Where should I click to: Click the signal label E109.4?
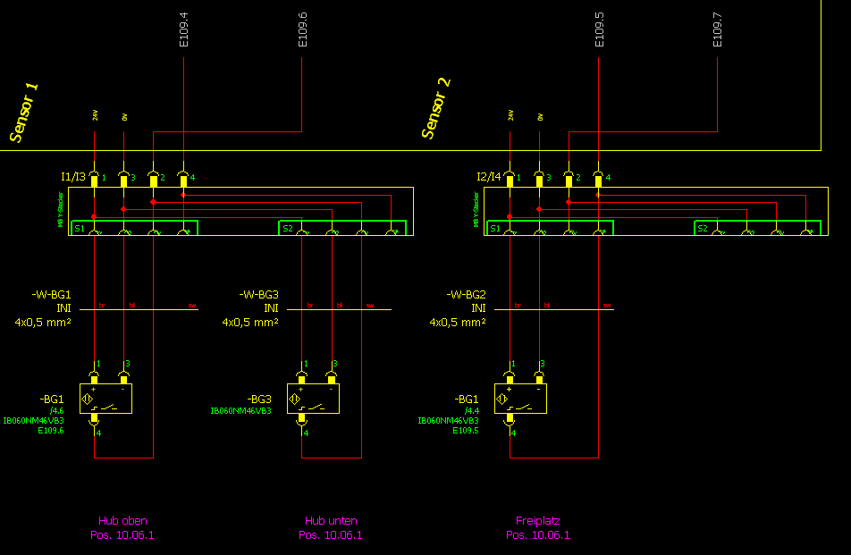click(183, 29)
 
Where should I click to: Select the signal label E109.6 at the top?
click(302, 29)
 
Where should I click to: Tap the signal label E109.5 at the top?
click(599, 29)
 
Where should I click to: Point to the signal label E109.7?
click(717, 29)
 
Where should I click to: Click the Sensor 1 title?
click(24, 113)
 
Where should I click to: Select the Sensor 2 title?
click(436, 108)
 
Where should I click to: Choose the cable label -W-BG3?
click(258, 294)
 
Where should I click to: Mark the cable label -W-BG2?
click(466, 294)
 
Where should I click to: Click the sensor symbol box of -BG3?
click(308, 399)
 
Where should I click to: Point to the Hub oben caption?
click(122, 520)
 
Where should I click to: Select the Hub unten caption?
click(331, 520)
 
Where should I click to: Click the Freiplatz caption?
click(538, 520)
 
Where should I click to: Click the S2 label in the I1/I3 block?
click(288, 229)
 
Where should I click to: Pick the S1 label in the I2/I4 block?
click(495, 229)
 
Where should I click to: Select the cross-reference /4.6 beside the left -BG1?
click(57, 409)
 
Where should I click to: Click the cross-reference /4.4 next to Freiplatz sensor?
click(472, 409)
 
